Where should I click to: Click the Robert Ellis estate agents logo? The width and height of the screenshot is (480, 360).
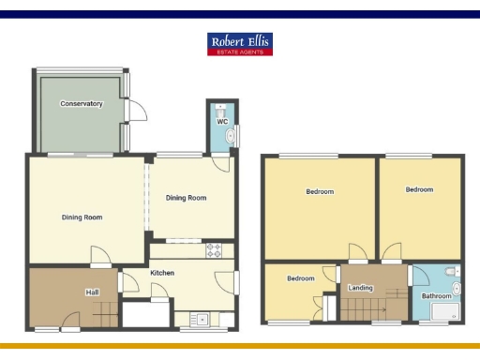[240, 44]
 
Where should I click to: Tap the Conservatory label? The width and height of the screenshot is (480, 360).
[81, 103]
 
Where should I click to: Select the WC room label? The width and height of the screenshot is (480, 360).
[222, 122]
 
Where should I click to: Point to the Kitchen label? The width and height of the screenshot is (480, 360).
[162, 273]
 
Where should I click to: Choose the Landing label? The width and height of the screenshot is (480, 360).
[361, 288]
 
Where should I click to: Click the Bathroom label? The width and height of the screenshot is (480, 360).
[436, 296]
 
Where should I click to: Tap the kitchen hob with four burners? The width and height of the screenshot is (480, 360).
[213, 250]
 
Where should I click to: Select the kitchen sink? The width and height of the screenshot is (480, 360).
[199, 317]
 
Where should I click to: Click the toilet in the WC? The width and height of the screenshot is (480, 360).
[222, 109]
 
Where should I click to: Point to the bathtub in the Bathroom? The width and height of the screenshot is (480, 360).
[439, 314]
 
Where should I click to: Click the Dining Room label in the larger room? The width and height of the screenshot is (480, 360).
[82, 217]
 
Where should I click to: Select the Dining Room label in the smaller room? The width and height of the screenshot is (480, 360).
[186, 198]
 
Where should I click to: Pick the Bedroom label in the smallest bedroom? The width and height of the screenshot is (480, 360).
[300, 278]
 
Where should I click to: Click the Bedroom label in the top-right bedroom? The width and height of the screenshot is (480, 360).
[419, 189]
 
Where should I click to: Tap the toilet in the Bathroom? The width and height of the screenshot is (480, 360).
[454, 273]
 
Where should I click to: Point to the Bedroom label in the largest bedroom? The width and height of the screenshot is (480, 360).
[320, 192]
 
